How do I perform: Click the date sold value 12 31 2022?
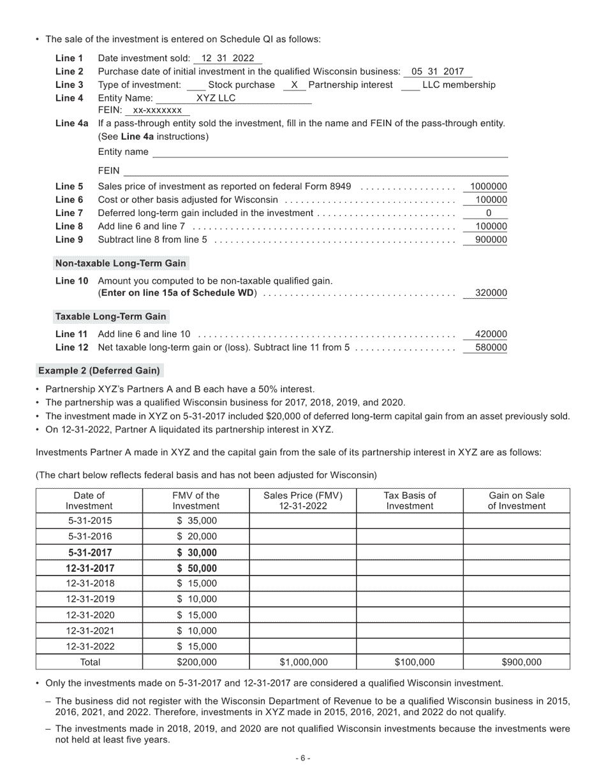227,59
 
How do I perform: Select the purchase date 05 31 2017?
438,72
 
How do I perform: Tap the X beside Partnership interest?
294,85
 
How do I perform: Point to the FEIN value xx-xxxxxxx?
157,110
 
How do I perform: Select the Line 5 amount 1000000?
488,187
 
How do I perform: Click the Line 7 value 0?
489,214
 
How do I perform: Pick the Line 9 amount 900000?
491,240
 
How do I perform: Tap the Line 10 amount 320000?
491,293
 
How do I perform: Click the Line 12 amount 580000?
491,348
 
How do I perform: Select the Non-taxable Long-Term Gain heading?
121,263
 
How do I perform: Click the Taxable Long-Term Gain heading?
110,317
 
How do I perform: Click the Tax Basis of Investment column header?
410,500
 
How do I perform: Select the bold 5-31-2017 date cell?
89,553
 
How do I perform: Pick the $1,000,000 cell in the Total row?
302,662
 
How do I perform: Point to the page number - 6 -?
302,759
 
